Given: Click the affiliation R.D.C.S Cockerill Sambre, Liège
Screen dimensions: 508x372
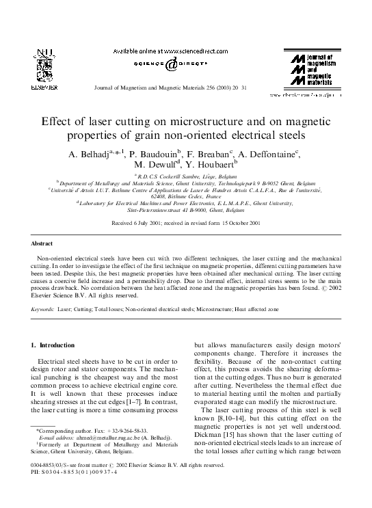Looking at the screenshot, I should tap(186, 176).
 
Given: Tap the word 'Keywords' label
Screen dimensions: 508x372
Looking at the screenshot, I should tap(43, 310).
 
